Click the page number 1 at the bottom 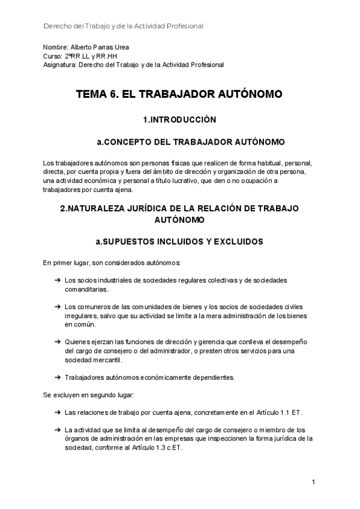(x=313, y=482)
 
